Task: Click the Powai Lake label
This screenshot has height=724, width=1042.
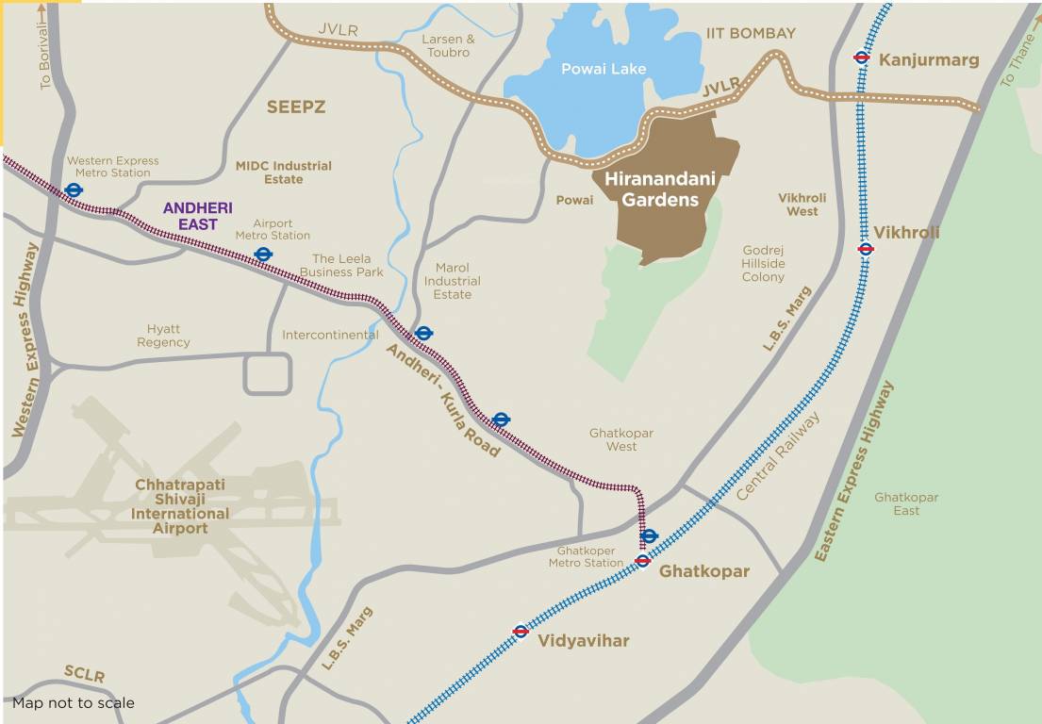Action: (x=604, y=69)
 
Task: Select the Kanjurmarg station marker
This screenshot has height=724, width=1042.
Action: (x=861, y=57)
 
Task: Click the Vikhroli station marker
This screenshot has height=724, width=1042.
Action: (x=866, y=249)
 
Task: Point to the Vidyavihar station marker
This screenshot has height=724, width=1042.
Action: (x=520, y=631)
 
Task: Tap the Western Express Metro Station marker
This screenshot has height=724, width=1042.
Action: (x=73, y=189)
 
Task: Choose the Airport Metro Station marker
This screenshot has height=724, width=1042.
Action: (x=263, y=254)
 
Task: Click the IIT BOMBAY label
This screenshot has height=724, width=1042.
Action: (x=751, y=33)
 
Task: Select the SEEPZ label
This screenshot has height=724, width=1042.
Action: (x=295, y=107)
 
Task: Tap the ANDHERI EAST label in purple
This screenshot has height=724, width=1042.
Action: (x=197, y=216)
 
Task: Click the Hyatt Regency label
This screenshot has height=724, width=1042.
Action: (x=163, y=336)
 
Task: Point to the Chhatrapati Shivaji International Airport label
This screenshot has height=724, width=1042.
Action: (x=181, y=506)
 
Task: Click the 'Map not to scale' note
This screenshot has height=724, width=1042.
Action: (x=74, y=703)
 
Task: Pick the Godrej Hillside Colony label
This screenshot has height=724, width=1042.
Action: (x=763, y=264)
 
